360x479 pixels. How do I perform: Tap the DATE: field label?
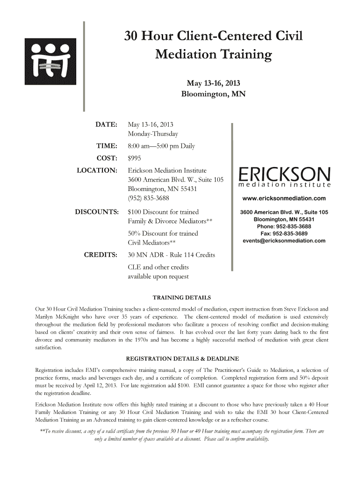[106, 125]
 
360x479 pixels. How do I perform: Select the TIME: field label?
[106, 146]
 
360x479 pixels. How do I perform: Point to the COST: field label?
[106, 159]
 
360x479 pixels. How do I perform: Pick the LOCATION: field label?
[97, 170]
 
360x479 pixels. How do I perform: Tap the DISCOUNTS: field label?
[96, 212]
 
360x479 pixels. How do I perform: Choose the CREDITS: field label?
[100, 255]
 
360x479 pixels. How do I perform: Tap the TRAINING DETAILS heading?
[182, 298]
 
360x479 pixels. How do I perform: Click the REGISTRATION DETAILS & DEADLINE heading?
[182, 359]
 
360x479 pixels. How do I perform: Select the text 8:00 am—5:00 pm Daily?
[161, 146]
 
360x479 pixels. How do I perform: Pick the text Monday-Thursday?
[153, 134]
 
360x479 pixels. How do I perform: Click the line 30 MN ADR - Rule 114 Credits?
[171, 255]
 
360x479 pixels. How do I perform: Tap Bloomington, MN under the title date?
[213, 94]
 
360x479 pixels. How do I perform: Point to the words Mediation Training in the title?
[213, 55]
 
